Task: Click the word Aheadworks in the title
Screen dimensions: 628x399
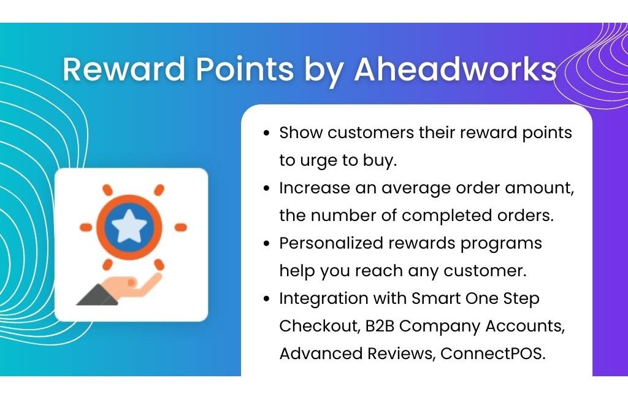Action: (456, 69)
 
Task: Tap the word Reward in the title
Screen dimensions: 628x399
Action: (124, 69)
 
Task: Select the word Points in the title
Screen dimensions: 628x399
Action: (245, 69)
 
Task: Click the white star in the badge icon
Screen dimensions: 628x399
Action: (129, 227)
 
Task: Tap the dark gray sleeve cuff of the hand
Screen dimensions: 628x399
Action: (97, 295)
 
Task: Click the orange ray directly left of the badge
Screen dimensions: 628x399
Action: (86, 227)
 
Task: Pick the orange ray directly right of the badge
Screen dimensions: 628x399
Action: (181, 227)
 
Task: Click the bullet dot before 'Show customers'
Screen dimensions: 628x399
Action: (267, 133)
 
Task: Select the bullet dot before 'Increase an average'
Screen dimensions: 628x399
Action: (267, 188)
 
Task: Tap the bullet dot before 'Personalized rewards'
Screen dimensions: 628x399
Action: (267, 244)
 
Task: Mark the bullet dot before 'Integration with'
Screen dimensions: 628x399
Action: (267, 299)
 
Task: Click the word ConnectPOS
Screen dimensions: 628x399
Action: (492, 354)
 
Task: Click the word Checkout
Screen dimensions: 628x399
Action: (319, 326)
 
